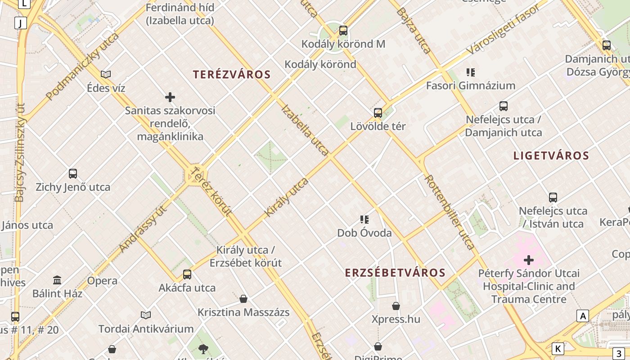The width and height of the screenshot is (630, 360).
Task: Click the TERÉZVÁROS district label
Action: point(232,75)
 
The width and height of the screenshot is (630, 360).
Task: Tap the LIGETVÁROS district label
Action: point(551,156)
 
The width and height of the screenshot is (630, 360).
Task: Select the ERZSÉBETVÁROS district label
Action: point(395,273)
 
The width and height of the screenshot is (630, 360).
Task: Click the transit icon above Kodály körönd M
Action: point(343,31)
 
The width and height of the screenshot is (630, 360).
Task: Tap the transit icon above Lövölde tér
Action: point(378,113)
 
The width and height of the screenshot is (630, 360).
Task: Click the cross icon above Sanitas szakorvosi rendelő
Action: point(170,97)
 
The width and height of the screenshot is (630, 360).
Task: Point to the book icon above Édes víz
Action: point(106,74)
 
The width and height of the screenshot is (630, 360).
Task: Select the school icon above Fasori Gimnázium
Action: point(471,72)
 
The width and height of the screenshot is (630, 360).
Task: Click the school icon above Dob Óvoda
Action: point(364,220)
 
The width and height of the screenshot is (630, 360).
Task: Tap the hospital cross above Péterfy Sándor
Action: point(529,260)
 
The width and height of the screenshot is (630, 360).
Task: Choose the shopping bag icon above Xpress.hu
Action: point(396,306)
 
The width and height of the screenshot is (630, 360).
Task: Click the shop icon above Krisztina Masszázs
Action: point(243,299)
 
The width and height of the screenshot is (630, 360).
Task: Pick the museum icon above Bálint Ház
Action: point(57,280)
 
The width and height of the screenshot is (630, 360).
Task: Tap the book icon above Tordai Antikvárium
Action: point(146,315)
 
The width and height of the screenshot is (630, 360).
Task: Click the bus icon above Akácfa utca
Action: point(187,274)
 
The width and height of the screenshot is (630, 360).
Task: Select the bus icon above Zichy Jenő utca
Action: point(73,173)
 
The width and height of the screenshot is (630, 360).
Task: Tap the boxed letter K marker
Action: point(558,348)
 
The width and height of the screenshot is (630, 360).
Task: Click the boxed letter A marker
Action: point(583,316)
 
